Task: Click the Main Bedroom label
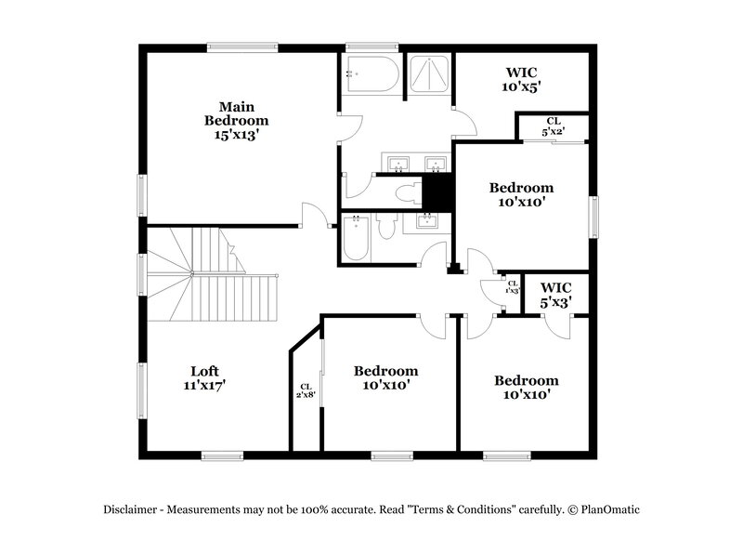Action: pos(237,120)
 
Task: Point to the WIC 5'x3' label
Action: pos(555,295)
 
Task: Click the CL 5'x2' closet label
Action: pos(554,126)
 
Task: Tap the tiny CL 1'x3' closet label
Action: pos(513,287)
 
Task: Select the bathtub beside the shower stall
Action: pos(371,75)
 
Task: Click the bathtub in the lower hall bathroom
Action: pos(356,238)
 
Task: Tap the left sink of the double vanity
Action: pos(397,165)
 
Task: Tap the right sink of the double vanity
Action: pos(433,165)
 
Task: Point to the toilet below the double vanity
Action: pos(406,194)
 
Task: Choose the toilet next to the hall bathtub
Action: pos(389,228)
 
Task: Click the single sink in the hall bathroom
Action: pos(428,221)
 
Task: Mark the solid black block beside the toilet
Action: pos(437,192)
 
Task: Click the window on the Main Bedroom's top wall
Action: pos(241,45)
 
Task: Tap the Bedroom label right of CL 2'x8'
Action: pos(385,376)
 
